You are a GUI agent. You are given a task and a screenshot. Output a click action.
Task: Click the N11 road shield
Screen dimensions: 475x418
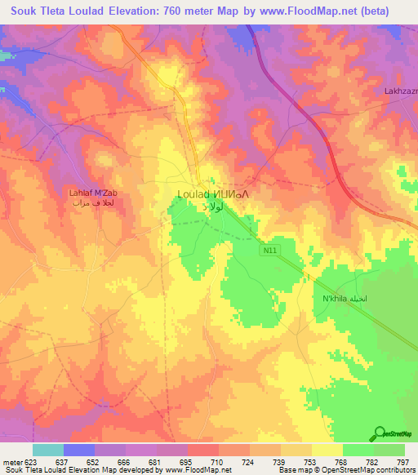(x=269, y=252)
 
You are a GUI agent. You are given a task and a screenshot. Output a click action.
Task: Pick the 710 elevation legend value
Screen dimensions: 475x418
(x=218, y=461)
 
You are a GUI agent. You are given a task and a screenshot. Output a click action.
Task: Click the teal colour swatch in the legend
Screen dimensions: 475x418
(x=48, y=450)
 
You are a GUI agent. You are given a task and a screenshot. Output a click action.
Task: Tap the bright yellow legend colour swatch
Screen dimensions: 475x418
(x=327, y=450)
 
